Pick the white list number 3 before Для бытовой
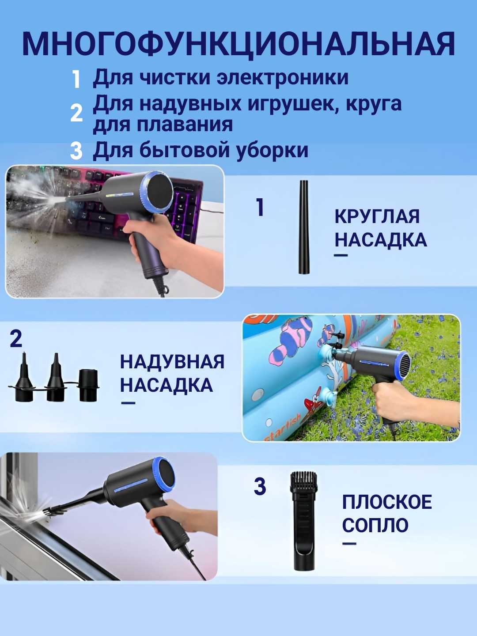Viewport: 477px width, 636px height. coord(76,151)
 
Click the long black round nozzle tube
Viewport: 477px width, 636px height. coord(304,227)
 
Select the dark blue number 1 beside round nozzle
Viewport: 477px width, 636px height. coord(260,208)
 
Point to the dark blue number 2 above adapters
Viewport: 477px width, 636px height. coord(16,339)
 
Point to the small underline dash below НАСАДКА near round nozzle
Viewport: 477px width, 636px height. coord(341,255)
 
